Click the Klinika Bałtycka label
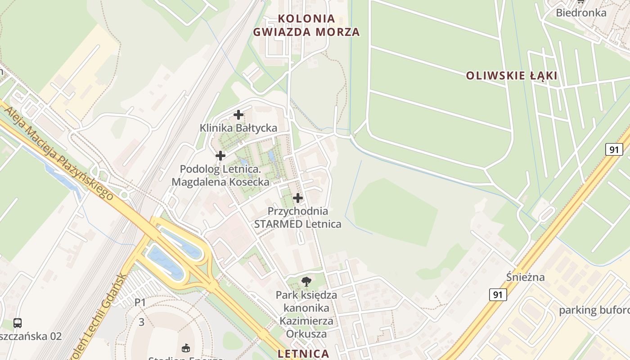(x=238, y=128)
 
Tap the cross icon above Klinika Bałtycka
(x=238, y=115)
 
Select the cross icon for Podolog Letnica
(x=220, y=156)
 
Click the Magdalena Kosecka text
(x=220, y=182)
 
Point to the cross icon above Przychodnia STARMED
(x=297, y=198)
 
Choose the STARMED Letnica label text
(x=297, y=224)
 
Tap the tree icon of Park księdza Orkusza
(x=306, y=282)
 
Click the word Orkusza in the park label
(x=306, y=334)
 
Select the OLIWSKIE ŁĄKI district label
(x=512, y=76)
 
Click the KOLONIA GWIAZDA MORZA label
(x=306, y=25)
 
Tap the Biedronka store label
(x=581, y=13)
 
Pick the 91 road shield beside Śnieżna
(x=497, y=295)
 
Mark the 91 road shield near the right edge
(x=614, y=149)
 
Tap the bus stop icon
(x=18, y=323)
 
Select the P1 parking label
(x=140, y=302)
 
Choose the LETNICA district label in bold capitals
(x=303, y=354)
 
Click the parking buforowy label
(x=594, y=310)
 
